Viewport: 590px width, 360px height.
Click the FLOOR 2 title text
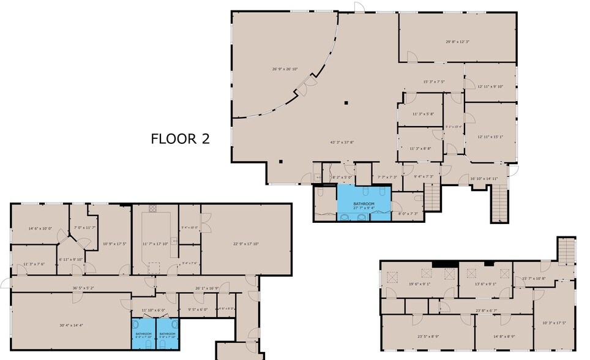point(180,139)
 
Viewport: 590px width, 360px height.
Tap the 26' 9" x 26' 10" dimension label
point(285,69)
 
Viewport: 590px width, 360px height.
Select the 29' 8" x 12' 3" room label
point(457,42)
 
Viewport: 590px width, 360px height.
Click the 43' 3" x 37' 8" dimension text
point(342,142)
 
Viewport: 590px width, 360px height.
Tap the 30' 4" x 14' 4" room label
point(71,325)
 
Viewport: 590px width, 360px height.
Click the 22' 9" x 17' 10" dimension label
point(246,244)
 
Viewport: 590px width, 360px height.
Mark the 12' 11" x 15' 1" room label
point(491,137)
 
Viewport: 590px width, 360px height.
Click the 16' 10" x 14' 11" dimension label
point(484,179)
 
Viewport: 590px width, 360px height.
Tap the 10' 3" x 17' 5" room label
point(554,323)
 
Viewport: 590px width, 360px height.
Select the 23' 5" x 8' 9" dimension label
point(428,336)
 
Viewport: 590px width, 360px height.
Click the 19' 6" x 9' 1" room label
point(420,283)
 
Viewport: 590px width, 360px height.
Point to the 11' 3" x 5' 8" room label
point(423,114)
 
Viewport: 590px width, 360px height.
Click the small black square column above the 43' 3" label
point(346,103)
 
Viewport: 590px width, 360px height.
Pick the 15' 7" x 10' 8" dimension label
point(533,279)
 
